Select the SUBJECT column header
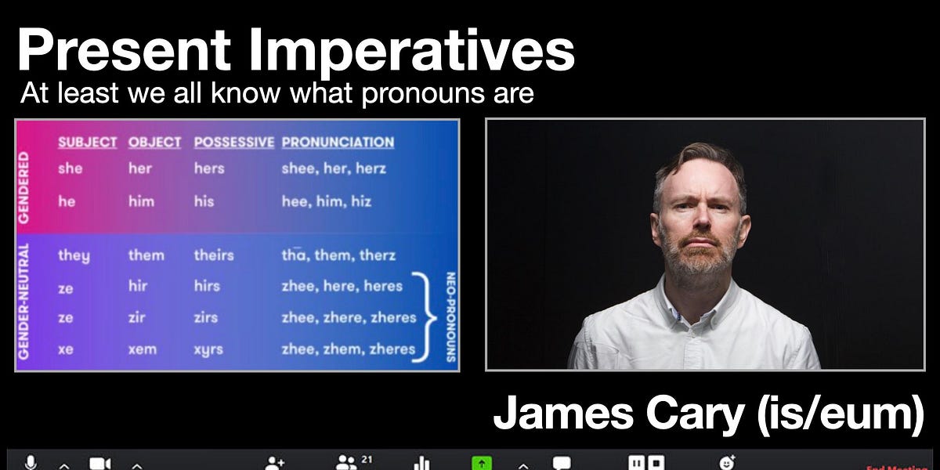coord(87,143)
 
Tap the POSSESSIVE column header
coord(233,143)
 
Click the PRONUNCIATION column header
coord(338,143)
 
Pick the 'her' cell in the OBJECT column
coord(139,168)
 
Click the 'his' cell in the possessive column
coord(204,201)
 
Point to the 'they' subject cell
coord(74,255)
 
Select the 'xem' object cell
coord(143,349)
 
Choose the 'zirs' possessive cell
coord(207,317)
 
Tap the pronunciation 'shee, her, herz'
coord(334,168)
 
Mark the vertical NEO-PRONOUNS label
coord(450,316)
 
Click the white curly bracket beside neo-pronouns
coord(428,317)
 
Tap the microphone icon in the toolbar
coord(31,463)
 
